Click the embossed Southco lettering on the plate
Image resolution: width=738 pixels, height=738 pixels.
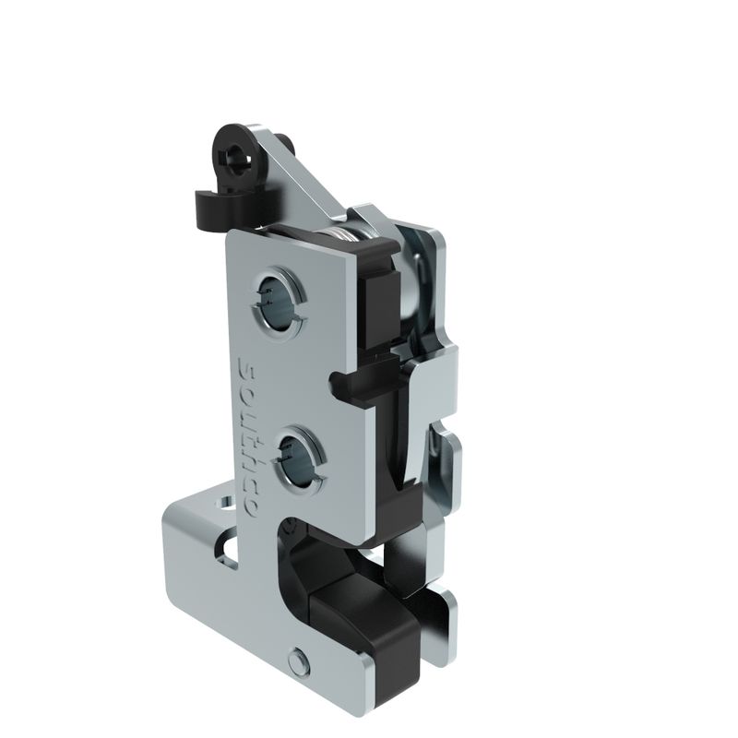click(248, 436)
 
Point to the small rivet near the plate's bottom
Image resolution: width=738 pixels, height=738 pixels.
click(299, 662)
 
